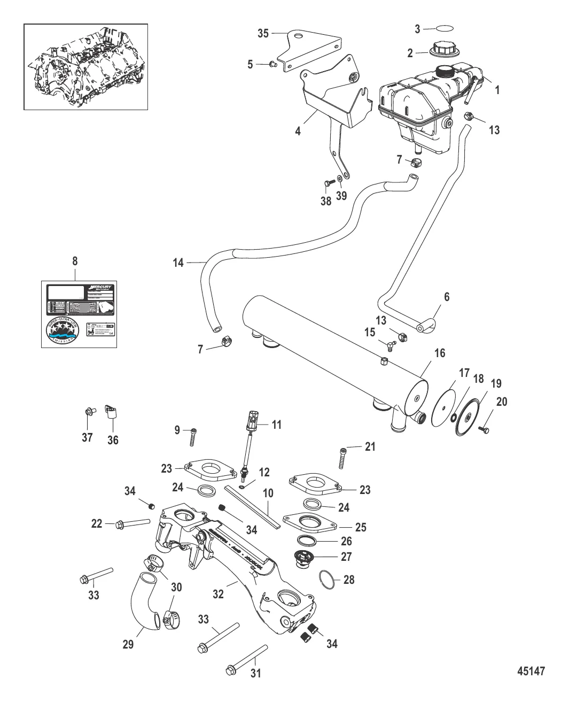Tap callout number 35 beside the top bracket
(263, 33)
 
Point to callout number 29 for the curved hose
(128, 645)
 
